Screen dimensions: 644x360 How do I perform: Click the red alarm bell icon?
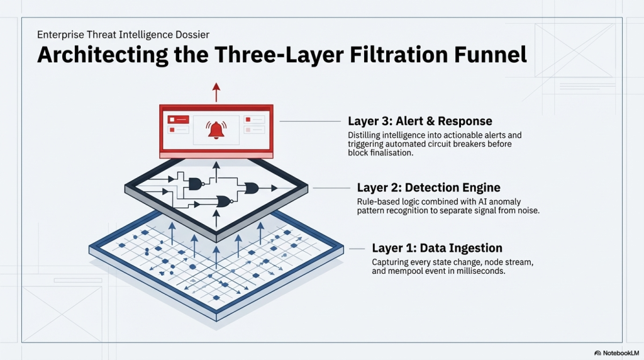(x=216, y=130)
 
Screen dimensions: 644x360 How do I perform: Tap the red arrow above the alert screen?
(x=216, y=92)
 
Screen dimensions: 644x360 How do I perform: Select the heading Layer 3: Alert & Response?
(x=419, y=121)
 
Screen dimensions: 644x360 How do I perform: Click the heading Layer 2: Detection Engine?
(x=428, y=188)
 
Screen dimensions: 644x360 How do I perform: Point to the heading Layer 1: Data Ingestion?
(x=437, y=248)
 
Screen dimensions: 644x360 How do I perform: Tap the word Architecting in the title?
(x=103, y=55)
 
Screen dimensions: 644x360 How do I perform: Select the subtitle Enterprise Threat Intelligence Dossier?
(x=123, y=35)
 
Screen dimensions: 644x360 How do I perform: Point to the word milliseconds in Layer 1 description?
(x=480, y=271)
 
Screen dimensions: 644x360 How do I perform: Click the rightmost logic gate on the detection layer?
(x=251, y=188)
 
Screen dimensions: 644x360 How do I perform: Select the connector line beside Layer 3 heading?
(x=310, y=121)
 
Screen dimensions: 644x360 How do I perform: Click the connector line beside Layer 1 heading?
(x=357, y=249)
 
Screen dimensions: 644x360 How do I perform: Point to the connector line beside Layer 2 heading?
(x=331, y=188)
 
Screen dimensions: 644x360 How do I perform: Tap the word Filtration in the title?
(x=398, y=55)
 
